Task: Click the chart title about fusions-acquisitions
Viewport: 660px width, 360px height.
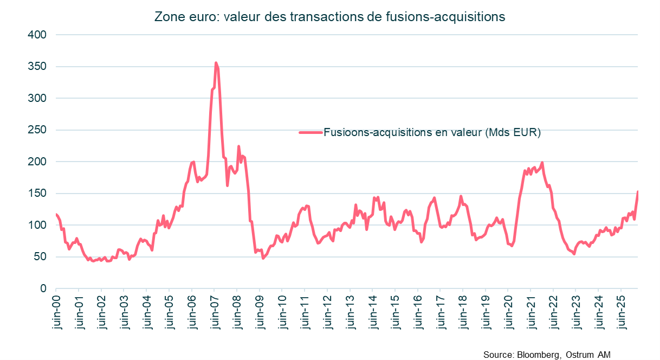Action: pyautogui.click(x=329, y=17)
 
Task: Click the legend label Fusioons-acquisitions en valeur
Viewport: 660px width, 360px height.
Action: pyautogui.click(x=432, y=132)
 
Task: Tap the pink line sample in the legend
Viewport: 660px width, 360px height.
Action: pyautogui.click(x=310, y=132)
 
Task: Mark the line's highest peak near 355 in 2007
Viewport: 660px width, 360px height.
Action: pyautogui.click(x=216, y=63)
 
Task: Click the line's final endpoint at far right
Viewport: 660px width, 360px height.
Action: pyautogui.click(x=638, y=191)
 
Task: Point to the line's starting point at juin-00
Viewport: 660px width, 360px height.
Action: pyautogui.click(x=56, y=215)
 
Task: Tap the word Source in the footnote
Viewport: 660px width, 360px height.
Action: pyautogui.click(x=497, y=355)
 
